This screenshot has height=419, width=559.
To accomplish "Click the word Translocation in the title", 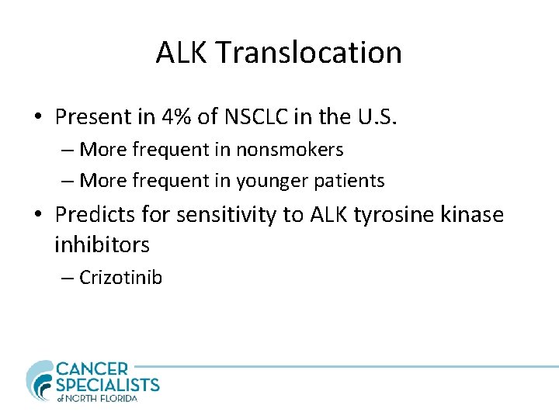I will [x=309, y=53].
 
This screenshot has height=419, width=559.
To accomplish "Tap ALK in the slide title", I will [x=182, y=53].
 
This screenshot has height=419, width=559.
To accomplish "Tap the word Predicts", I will [x=92, y=214].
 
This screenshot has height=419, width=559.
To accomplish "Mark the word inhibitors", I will [x=102, y=245].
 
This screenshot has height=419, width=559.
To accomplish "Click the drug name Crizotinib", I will [x=121, y=278].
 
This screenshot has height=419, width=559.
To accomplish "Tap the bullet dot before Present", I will [x=38, y=118].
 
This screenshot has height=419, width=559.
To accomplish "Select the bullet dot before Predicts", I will [x=38, y=215].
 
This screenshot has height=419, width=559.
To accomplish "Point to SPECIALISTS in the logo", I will [x=107, y=384].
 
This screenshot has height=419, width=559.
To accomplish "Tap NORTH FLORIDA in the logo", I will [x=103, y=398].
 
